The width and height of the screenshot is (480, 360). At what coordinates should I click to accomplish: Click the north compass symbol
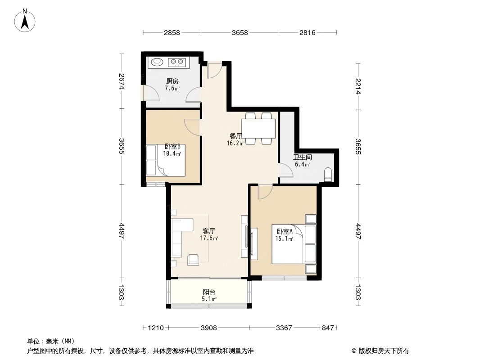tap(26, 20)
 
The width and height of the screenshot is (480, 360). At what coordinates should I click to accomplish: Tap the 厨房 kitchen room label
tap(172, 82)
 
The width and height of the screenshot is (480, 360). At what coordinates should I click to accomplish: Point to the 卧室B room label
tap(172, 147)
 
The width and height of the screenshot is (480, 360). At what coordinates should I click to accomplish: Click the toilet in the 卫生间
tap(328, 175)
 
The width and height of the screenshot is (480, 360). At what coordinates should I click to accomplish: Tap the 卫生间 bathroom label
tap(302, 158)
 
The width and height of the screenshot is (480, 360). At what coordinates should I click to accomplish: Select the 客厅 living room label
tap(209, 231)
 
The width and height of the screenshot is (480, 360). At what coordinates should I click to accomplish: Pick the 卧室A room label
tap(285, 231)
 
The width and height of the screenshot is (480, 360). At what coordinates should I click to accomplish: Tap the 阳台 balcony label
tap(209, 292)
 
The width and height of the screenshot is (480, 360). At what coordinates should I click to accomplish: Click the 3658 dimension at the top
tap(240, 32)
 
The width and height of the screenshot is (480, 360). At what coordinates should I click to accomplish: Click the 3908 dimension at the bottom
tap(208, 328)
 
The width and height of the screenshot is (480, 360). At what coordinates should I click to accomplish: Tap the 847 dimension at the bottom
tap(328, 328)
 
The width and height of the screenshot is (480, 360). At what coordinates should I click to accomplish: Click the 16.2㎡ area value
tap(235, 144)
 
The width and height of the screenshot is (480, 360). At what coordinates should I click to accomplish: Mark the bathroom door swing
tap(285, 170)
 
